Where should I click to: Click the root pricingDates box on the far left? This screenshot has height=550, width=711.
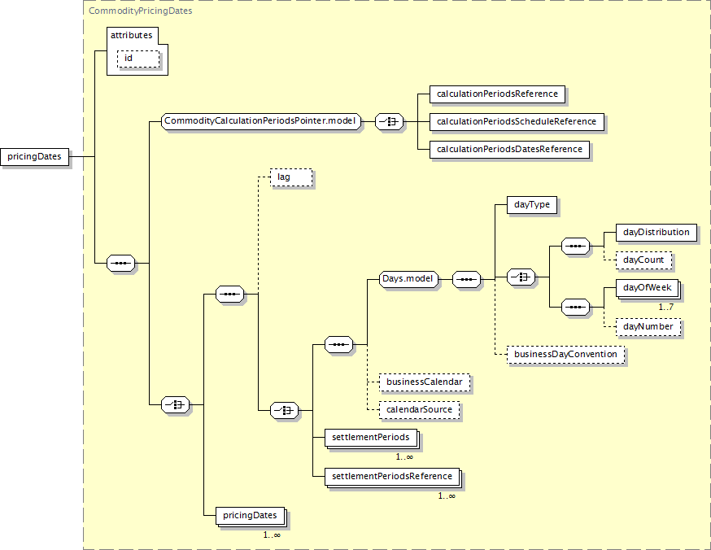pyautogui.click(x=34, y=156)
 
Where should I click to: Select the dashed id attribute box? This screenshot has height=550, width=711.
pyautogui.click(x=138, y=59)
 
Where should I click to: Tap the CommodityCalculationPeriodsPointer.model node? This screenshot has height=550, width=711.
pyautogui.click(x=261, y=121)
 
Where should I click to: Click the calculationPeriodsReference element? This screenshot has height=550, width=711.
pyautogui.click(x=497, y=94)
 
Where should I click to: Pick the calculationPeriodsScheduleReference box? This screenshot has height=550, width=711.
pyautogui.click(x=517, y=121)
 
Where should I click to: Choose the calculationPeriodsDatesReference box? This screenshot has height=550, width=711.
pyautogui.click(x=510, y=149)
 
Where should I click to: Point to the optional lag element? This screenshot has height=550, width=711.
pyautogui.click(x=291, y=177)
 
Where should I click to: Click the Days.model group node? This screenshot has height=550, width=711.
pyautogui.click(x=408, y=279)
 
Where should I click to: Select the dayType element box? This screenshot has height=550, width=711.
pyautogui.click(x=532, y=205)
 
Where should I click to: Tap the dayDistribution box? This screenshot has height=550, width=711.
pyautogui.click(x=656, y=233)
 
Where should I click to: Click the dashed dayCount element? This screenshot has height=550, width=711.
pyautogui.click(x=643, y=260)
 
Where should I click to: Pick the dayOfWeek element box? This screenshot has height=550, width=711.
pyautogui.click(x=648, y=288)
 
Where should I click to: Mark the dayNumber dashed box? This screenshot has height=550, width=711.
pyautogui.click(x=648, y=327)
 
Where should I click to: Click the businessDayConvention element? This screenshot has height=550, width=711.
pyautogui.click(x=565, y=355)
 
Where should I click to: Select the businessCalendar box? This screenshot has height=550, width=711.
pyautogui.click(x=425, y=382)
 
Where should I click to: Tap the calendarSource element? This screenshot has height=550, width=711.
pyautogui.click(x=419, y=410)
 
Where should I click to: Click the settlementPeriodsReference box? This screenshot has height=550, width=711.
pyautogui.click(x=393, y=477)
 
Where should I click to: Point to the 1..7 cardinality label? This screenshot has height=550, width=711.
pyautogui.click(x=665, y=308)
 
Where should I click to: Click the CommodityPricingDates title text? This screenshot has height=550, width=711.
pyautogui.click(x=140, y=11)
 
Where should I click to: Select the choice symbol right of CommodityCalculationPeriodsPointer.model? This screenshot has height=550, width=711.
pyautogui.click(x=389, y=121)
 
